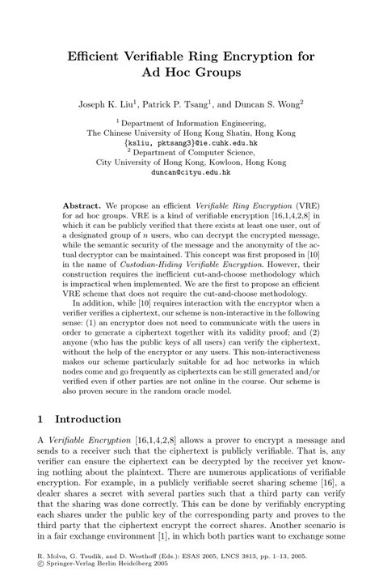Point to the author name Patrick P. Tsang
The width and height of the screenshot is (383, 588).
pyautogui.click(x=193, y=106)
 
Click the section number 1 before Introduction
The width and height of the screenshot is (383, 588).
pyautogui.click(x=42, y=420)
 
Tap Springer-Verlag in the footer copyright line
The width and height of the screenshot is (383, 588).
pyautogui.click(x=76, y=567)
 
